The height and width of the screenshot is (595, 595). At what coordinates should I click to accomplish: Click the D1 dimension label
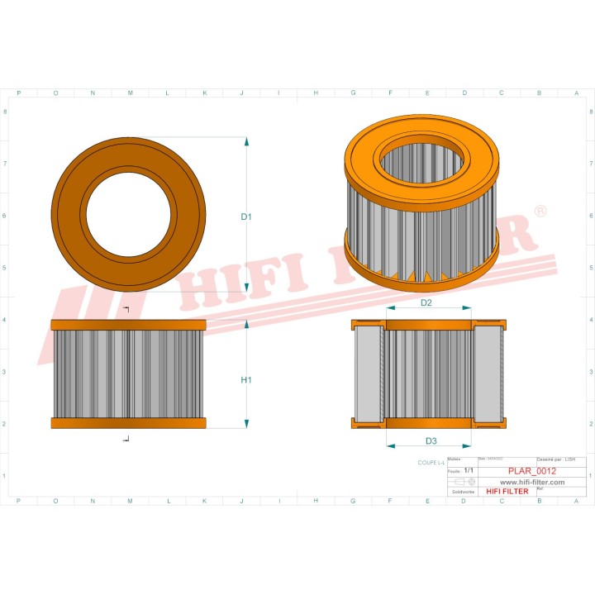coord(245,217)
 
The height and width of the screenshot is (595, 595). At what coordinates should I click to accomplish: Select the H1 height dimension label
coord(245,380)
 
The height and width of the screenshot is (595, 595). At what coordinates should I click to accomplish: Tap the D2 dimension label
coord(426,303)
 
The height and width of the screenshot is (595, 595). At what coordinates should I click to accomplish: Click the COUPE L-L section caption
coord(431,463)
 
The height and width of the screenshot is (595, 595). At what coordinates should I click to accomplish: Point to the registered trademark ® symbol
coord(540,212)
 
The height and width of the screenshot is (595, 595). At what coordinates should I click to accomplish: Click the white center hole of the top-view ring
coord(128,214)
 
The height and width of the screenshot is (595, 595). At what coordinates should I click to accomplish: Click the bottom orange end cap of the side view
coord(128,423)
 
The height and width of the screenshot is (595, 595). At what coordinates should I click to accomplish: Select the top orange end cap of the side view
coord(128,325)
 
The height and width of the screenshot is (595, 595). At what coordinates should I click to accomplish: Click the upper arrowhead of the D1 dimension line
coord(246,142)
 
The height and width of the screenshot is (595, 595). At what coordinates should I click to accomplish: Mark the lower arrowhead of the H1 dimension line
coord(246,424)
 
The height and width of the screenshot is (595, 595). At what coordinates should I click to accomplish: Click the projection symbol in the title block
coord(464,481)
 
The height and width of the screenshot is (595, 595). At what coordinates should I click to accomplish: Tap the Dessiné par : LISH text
coord(556,459)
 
